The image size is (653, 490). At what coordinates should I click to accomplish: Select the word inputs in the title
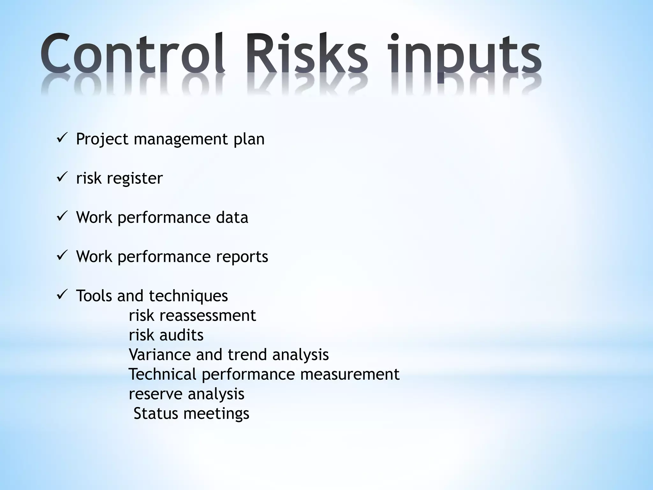464,56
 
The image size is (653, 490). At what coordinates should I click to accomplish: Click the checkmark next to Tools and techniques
61,295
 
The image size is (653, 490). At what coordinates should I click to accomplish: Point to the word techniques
188,296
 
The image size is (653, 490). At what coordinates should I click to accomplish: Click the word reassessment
208,316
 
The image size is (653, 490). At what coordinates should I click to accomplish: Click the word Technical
162,374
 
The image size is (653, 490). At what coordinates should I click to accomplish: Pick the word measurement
350,374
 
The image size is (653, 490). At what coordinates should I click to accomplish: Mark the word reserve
155,394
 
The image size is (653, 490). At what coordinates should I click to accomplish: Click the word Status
156,413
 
